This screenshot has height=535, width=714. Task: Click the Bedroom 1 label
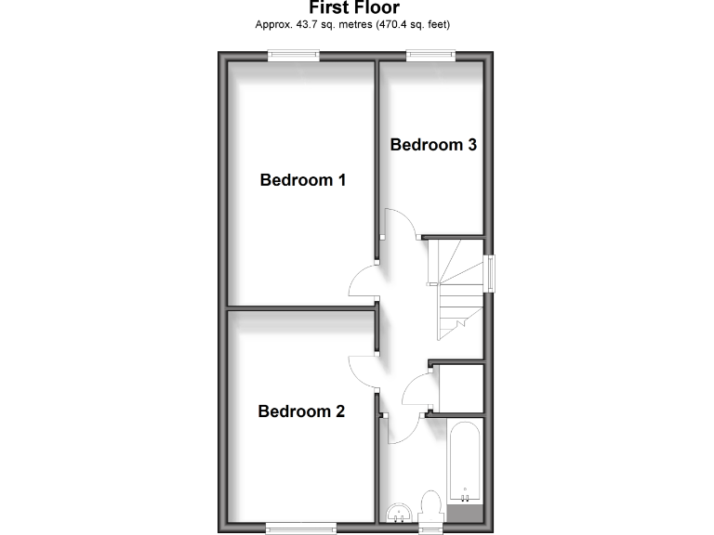pos(303,180)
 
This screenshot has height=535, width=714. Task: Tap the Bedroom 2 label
pos(302,411)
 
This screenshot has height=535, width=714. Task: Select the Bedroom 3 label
pos(433,145)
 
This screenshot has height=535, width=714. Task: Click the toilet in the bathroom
pos(431,507)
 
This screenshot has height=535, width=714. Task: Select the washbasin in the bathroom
pos(398,513)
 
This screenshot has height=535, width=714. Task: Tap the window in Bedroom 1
pos(294,55)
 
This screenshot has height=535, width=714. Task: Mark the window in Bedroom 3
pos(430,55)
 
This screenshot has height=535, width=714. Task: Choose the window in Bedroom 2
pos(301,528)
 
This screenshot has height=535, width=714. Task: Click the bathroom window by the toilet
pos(430,528)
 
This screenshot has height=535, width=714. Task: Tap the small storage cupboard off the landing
pos(460,389)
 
